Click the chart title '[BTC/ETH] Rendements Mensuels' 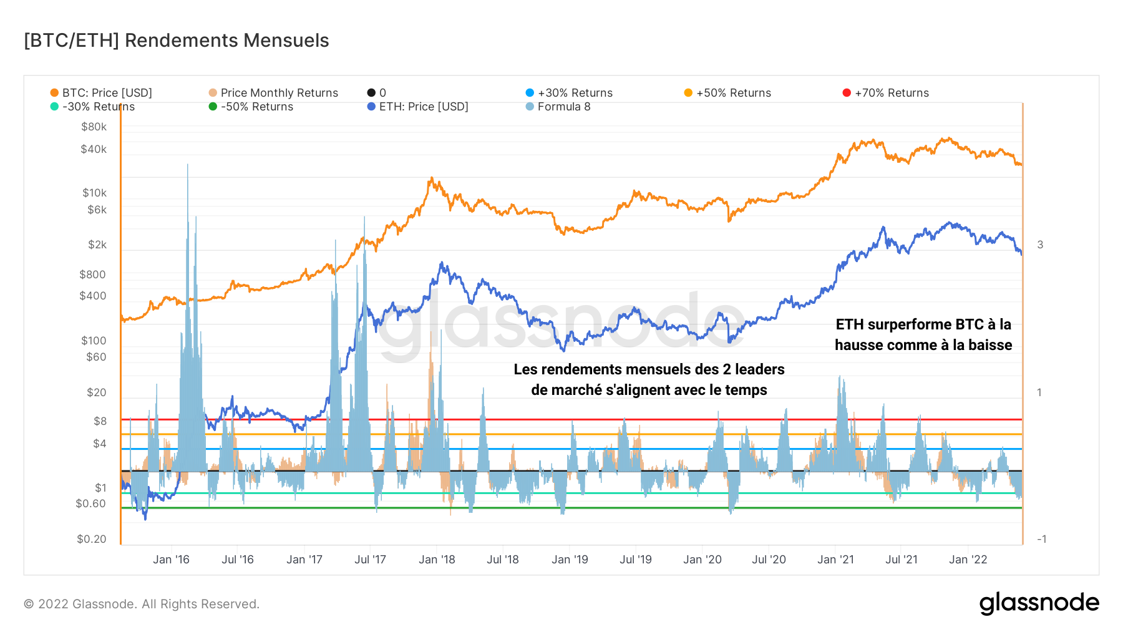pyautogui.click(x=176, y=41)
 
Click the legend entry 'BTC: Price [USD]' pyautogui.click(x=106, y=93)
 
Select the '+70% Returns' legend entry pyautogui.click(x=891, y=93)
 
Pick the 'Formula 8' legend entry pyautogui.click(x=563, y=107)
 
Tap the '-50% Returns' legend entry pyautogui.click(x=256, y=107)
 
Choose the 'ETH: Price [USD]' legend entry pyautogui.click(x=423, y=107)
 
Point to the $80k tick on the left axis pyautogui.click(x=94, y=127)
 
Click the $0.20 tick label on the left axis pyautogui.click(x=92, y=539)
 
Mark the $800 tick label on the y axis pyautogui.click(x=92, y=275)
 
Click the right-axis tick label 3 pyautogui.click(x=1040, y=245)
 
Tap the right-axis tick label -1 pyautogui.click(x=1041, y=539)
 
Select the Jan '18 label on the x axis pyautogui.click(x=437, y=560)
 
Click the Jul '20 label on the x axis pyautogui.click(x=769, y=560)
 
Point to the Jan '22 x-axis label pyautogui.click(x=968, y=560)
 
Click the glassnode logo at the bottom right pyautogui.click(x=1039, y=603)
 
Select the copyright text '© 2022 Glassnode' pyautogui.click(x=142, y=604)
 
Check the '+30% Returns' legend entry pyautogui.click(x=575, y=93)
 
